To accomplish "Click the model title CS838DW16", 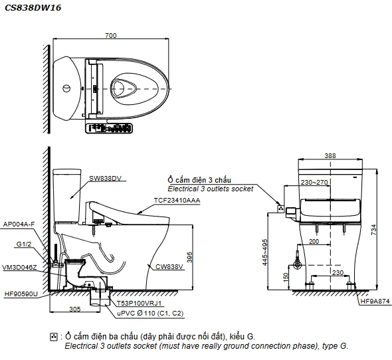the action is (x=33, y=8).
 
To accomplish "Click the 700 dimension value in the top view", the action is (x=110, y=35).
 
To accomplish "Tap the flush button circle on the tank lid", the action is (x=66, y=88).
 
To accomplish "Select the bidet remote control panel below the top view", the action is (x=109, y=128).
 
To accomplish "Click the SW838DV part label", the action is (x=105, y=178).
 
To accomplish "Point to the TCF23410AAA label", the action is (x=177, y=201).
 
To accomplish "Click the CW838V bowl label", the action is (x=169, y=267).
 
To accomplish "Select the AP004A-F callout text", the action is (x=19, y=225).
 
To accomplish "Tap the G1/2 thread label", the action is (x=24, y=244).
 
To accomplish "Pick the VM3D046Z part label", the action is (x=19, y=268).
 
